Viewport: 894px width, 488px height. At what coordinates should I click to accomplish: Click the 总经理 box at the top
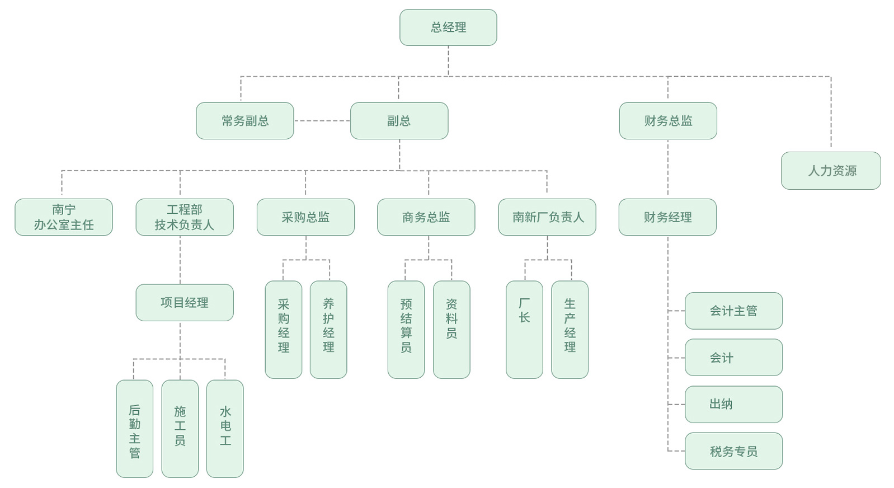tap(448, 27)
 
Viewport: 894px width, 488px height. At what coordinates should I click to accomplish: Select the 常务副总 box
tap(244, 121)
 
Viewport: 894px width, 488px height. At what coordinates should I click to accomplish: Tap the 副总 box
tap(399, 121)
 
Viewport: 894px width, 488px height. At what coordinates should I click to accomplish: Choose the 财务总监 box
tap(668, 121)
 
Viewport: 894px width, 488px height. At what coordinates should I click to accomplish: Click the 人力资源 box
tap(831, 171)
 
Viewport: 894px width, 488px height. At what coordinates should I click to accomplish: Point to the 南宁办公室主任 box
tap(64, 217)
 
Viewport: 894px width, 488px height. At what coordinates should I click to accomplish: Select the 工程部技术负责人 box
tap(185, 217)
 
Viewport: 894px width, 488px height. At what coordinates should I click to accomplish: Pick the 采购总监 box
tap(305, 217)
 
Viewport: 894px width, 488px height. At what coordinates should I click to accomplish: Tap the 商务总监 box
tap(426, 217)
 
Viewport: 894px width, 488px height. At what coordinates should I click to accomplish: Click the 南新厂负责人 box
tap(547, 217)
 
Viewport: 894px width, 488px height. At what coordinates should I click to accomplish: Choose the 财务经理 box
tap(667, 217)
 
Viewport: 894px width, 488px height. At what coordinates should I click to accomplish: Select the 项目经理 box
tap(185, 303)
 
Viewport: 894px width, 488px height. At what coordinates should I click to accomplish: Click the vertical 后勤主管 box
tap(134, 429)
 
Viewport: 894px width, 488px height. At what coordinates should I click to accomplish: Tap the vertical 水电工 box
tap(225, 429)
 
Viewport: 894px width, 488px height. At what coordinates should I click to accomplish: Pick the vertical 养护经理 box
tap(328, 330)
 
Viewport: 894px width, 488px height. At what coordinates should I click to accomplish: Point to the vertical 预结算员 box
tap(406, 330)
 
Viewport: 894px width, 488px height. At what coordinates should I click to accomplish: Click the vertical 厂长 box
tap(524, 330)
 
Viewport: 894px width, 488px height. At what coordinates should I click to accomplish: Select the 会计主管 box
tap(733, 311)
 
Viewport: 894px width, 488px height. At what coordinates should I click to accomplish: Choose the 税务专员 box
tap(733, 451)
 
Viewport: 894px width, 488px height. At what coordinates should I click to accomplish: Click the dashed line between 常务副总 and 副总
tap(322, 121)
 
